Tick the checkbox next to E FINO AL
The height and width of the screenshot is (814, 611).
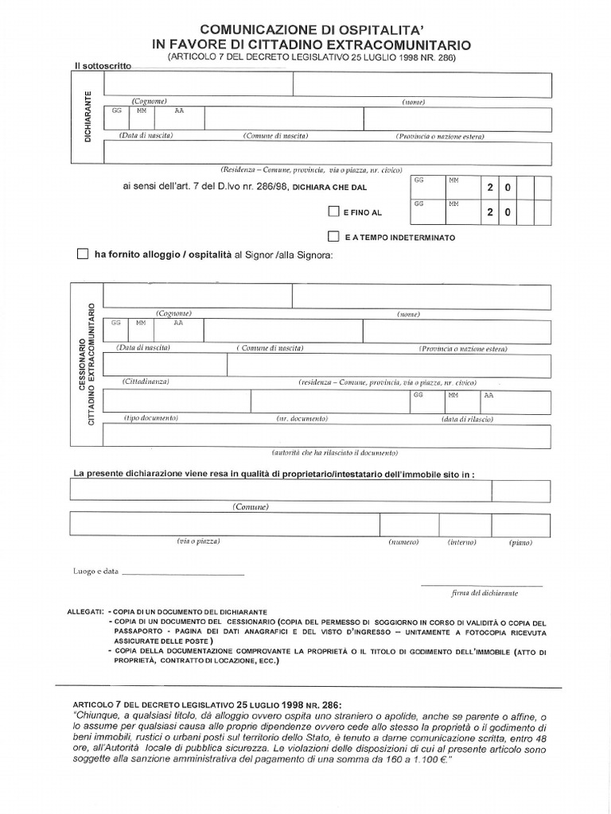coord(334,212)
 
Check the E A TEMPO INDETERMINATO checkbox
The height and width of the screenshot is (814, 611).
coord(334,237)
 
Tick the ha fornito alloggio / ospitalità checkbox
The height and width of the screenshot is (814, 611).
coord(83,254)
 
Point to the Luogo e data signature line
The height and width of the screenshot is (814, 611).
coord(183,573)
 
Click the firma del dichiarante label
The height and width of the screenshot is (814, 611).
coord(484,593)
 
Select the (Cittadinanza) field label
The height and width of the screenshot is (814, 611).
coord(146,382)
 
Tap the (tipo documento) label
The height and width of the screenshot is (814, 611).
coord(150,418)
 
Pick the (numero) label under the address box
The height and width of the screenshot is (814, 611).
coord(403,542)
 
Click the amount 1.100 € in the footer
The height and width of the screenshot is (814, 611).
coord(427,761)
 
